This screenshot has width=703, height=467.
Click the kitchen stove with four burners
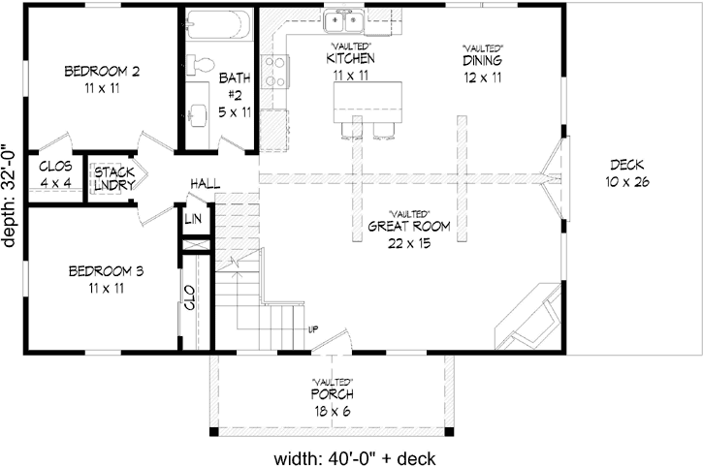276,70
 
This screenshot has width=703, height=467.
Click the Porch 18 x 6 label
332,401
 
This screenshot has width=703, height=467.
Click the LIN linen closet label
193,219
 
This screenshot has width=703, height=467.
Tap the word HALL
205,182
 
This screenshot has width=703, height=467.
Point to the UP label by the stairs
312,329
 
